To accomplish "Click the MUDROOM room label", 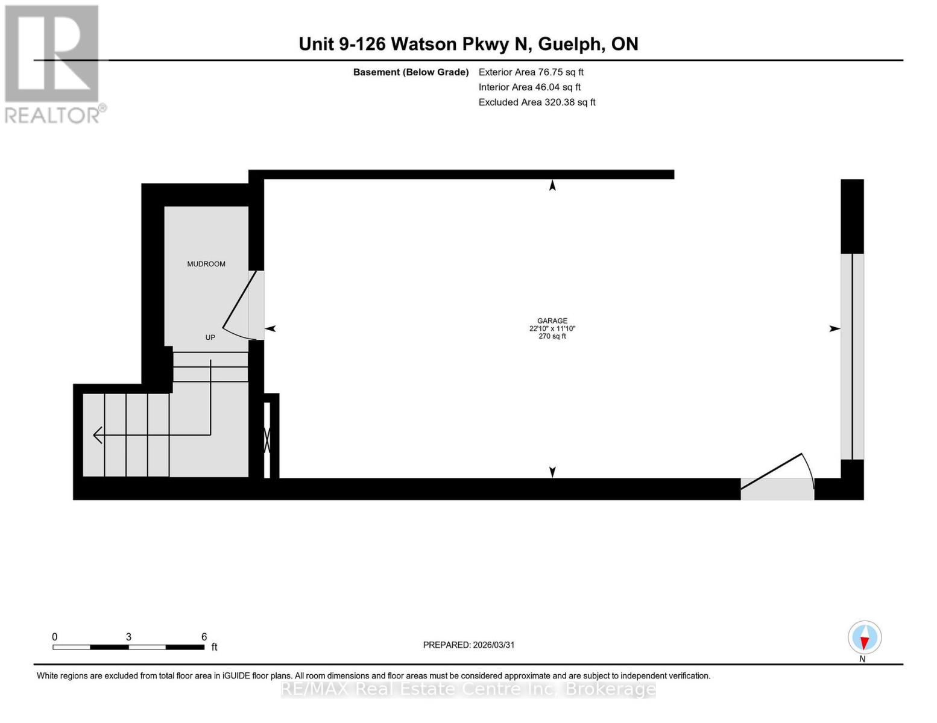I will coord(206,264).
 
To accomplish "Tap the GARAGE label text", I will coord(552,321).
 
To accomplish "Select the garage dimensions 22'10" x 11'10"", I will coord(552,329).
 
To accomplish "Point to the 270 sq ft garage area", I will coord(552,336).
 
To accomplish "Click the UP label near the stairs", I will coord(210,337).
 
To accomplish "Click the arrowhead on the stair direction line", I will coord(97,434).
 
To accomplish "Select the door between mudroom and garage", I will coord(241,304).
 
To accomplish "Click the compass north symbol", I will coord(865,638).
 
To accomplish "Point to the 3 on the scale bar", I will coord(128,637).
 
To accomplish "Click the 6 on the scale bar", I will coord(204,637).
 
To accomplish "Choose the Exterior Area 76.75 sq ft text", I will coord(531,72).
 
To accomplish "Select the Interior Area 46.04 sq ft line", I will coord(529,87).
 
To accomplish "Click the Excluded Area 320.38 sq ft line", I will coord(537,102).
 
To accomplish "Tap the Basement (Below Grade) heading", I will coord(411,72).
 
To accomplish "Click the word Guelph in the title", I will coord(570,44).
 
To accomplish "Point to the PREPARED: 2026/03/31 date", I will coord(468,645).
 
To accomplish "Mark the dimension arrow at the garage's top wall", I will coord(552,186).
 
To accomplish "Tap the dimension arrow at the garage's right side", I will coord(834,329).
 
